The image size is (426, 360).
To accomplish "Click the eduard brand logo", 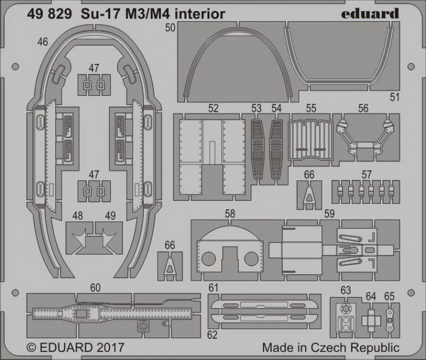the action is (x=370, y=14).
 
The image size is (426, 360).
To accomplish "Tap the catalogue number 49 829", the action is (x=49, y=14).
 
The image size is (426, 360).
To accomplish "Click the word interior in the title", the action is (x=200, y=14).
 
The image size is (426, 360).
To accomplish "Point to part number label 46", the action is (x=43, y=42).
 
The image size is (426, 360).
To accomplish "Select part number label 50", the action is (x=170, y=28).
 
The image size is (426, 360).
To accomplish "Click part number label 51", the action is (x=395, y=97).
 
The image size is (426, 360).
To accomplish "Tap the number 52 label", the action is (x=214, y=108).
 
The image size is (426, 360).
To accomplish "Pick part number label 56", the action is (x=363, y=108).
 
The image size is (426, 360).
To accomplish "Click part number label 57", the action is (x=366, y=175).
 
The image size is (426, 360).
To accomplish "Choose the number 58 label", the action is (x=230, y=214).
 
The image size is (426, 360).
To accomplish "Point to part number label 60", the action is (x=95, y=288).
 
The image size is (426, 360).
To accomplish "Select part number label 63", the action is (x=346, y=290).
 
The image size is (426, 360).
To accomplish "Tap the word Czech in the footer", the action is (x=329, y=347).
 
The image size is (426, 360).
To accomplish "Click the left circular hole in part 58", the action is (x=208, y=258).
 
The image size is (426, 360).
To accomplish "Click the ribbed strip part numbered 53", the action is (x=257, y=149).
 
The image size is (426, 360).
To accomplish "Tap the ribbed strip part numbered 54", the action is (x=276, y=149).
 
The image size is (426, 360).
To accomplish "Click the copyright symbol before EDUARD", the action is (x=32, y=348).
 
